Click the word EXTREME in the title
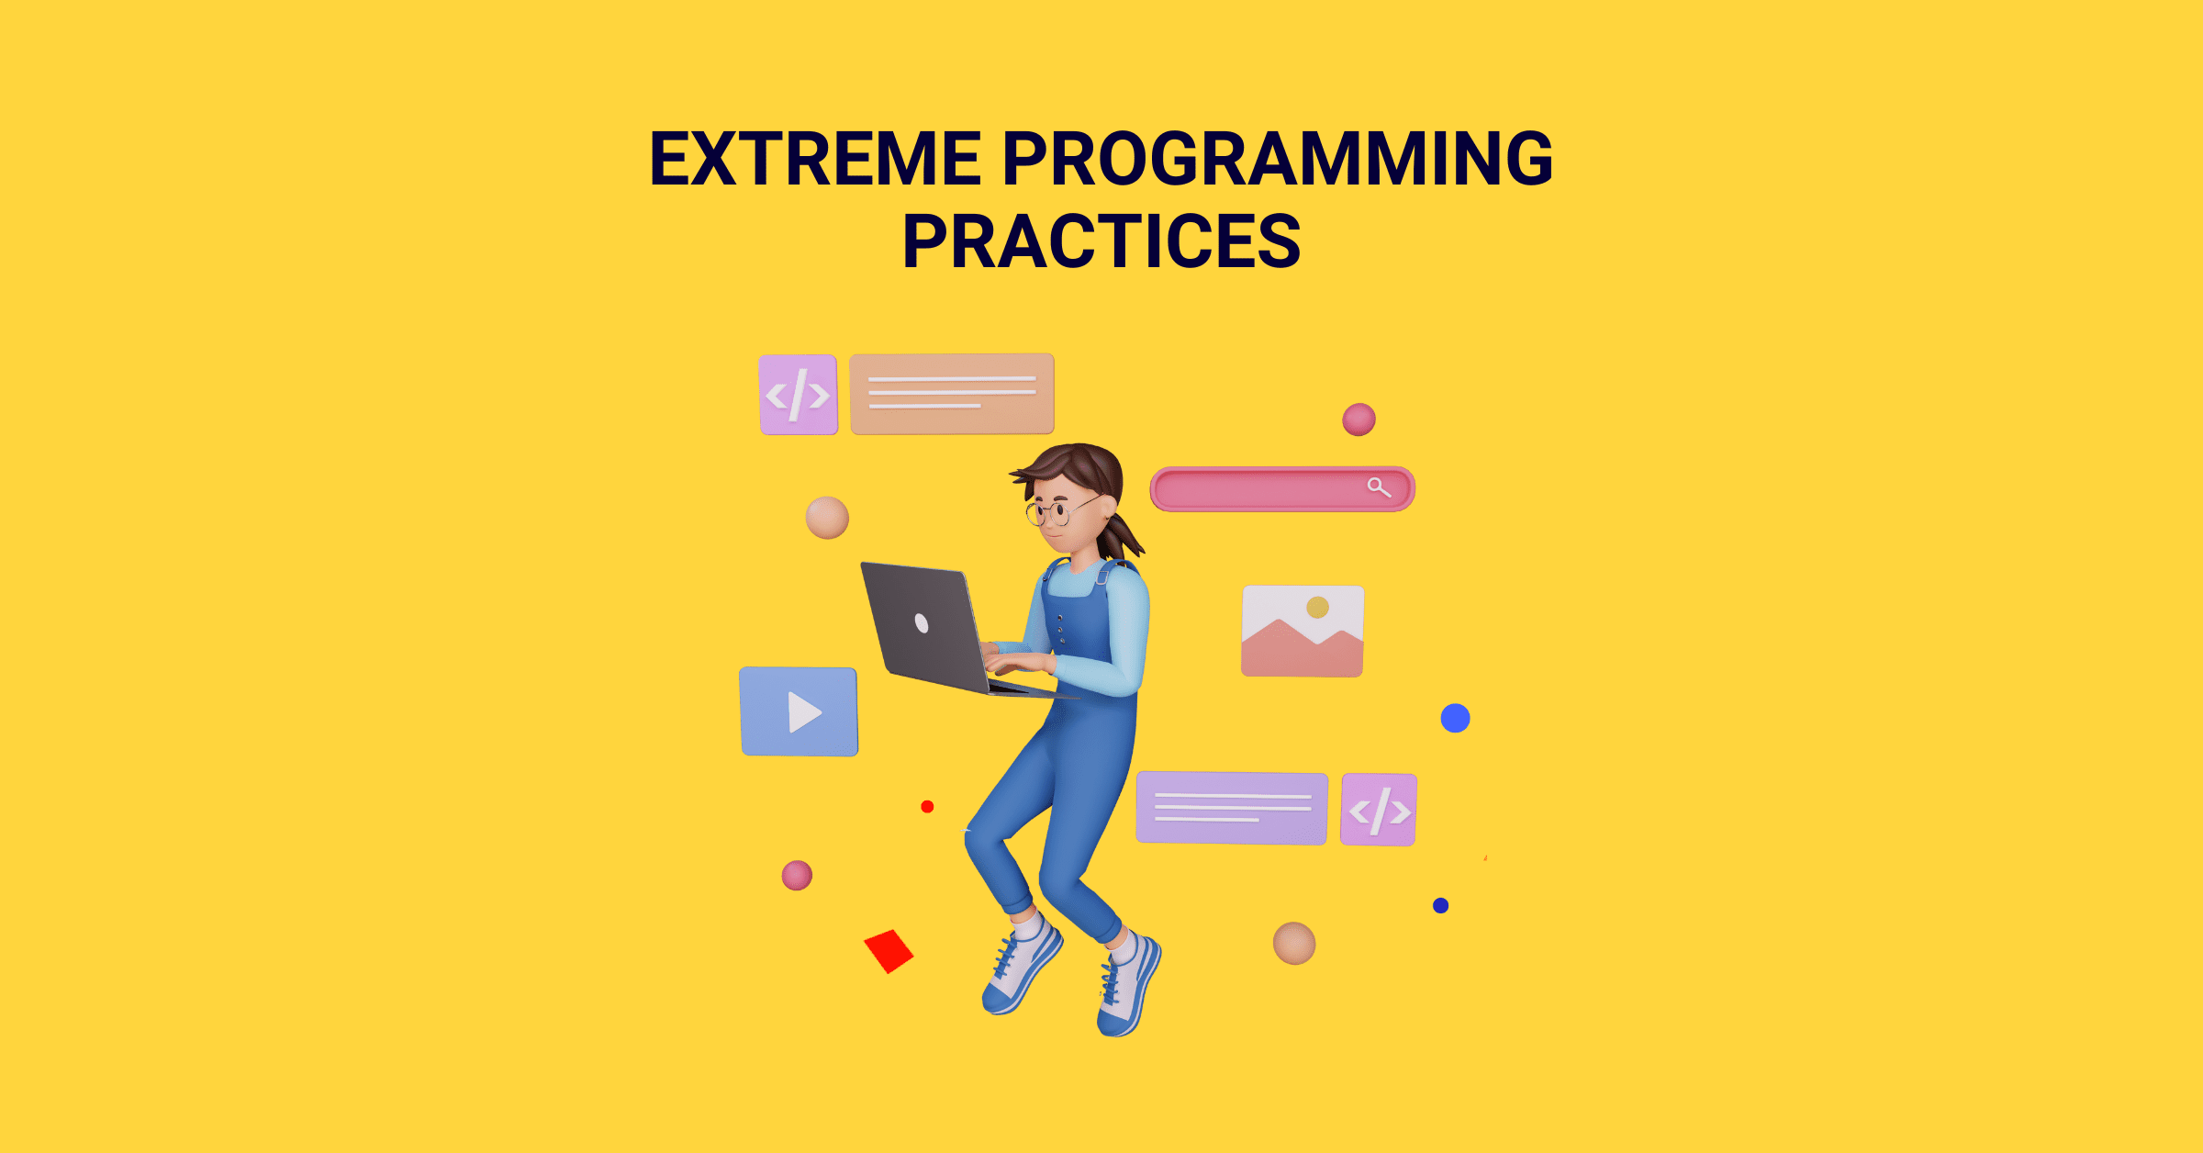[x=815, y=159]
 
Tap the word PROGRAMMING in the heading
[x=1278, y=159]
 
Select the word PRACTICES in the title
[x=1101, y=241]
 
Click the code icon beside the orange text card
[x=799, y=395]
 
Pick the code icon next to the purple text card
[x=1379, y=810]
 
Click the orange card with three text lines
[x=952, y=393]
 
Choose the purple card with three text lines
[x=1232, y=808]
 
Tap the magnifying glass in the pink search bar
[x=1379, y=487]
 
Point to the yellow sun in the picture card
[x=1318, y=607]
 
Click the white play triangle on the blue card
[x=803, y=711]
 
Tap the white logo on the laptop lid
[x=922, y=624]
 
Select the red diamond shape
[x=889, y=951]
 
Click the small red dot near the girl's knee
[x=927, y=807]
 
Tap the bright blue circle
[x=1455, y=718]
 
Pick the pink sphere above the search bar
[x=1359, y=420]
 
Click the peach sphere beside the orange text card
[x=827, y=518]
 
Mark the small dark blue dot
[x=1440, y=906]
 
